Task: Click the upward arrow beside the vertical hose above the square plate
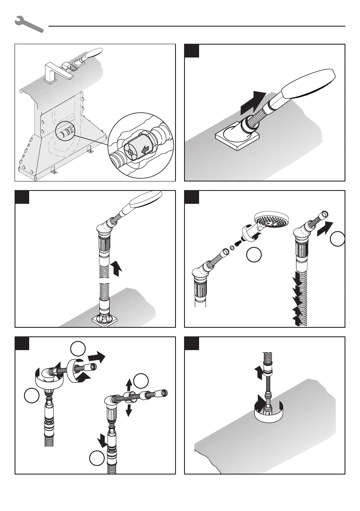(x=116, y=269)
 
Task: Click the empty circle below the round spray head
(x=254, y=257)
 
